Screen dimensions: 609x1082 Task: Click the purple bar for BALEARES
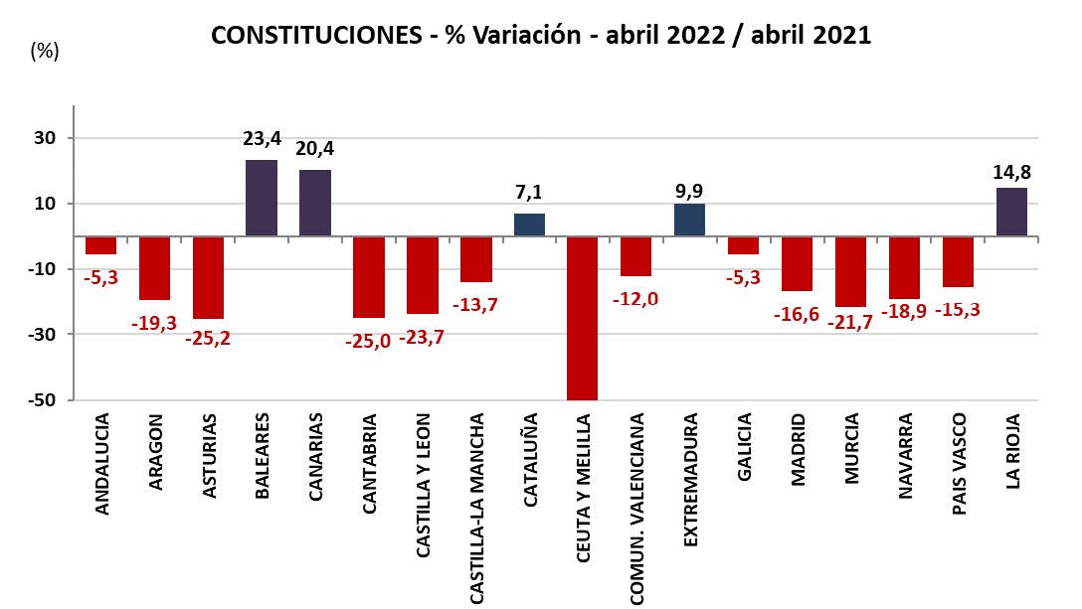tap(261, 198)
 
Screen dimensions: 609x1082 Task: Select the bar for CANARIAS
tap(314, 203)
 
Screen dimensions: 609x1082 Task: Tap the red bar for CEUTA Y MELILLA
tap(582, 318)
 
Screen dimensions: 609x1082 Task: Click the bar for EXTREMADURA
tap(689, 220)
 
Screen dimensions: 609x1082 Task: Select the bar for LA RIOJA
tap(1011, 212)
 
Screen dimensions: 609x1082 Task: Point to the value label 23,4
tap(261, 138)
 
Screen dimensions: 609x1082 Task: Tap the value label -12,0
tap(636, 298)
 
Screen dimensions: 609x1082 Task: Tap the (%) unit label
tap(45, 52)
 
